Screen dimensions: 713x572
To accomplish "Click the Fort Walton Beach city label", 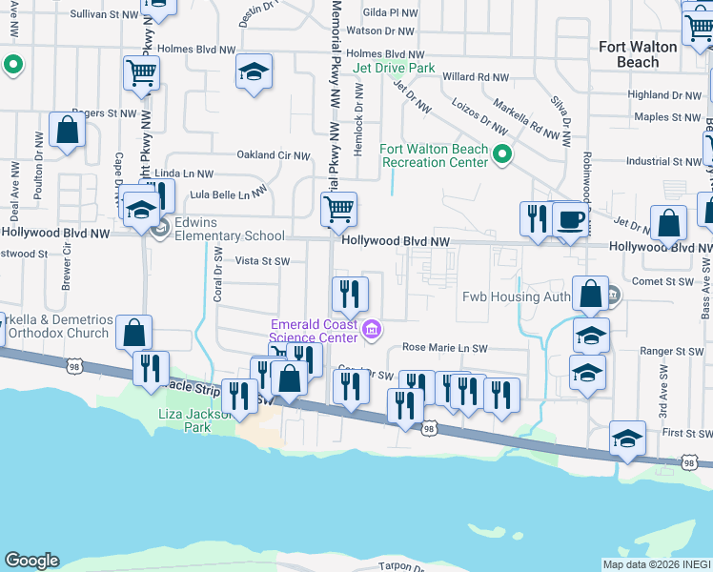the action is [x=638, y=54].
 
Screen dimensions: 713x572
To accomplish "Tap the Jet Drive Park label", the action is [x=394, y=69].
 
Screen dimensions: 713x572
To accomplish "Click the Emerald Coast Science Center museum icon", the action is [x=372, y=330].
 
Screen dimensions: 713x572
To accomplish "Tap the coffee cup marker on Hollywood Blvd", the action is [x=570, y=219].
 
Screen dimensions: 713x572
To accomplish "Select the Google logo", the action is [x=31, y=561].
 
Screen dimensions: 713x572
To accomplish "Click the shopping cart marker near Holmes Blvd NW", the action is [x=141, y=72].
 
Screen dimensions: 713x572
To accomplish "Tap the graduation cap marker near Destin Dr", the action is [x=254, y=72].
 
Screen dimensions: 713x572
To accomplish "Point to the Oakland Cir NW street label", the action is [x=274, y=155].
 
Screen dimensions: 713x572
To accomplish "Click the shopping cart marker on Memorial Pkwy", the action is [x=339, y=209].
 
